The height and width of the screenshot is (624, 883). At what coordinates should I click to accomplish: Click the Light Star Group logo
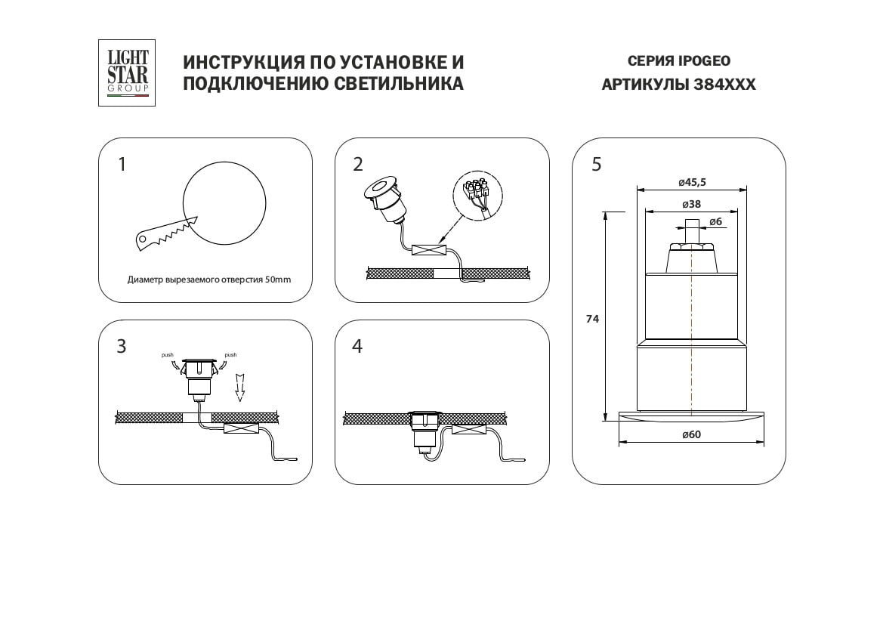127,73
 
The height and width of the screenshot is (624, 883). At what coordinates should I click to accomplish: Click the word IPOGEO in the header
704,61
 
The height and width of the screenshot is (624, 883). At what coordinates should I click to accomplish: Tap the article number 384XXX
724,85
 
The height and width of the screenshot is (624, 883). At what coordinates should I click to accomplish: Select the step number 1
122,165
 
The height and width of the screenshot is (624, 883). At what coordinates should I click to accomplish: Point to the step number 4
357,346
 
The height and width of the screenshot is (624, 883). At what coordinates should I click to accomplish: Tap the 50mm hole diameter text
209,280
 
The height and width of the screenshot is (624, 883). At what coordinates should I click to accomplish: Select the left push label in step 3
167,355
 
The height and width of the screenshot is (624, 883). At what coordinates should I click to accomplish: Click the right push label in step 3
230,355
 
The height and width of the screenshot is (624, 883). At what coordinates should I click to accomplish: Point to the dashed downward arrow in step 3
240,388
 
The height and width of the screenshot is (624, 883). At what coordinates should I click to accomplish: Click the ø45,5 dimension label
692,183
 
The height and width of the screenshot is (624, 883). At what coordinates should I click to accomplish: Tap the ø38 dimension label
691,204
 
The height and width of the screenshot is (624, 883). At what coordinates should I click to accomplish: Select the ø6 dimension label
715,222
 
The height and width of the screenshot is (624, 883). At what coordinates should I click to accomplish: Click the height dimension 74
592,319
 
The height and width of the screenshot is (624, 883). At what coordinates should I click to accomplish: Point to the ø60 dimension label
691,434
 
